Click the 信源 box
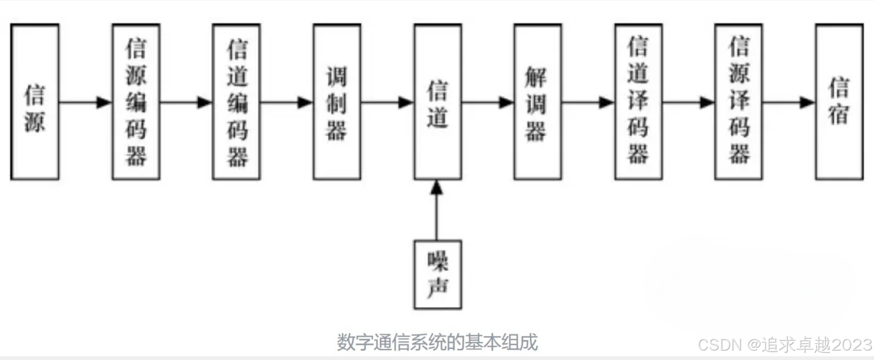point(35,102)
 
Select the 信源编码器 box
point(136,102)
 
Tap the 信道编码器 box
point(236,102)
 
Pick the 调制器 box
point(337,102)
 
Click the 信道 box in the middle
point(437,102)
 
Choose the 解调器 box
point(537,102)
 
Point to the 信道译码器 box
point(638,102)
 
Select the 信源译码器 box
point(738,102)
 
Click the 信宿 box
point(839,102)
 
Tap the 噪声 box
point(437,275)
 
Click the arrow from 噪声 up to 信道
point(437,210)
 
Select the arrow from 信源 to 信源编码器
point(85,102)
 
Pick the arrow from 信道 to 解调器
point(487,102)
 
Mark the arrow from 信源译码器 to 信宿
point(789,102)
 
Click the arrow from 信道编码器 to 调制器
point(287,102)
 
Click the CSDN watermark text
point(784,345)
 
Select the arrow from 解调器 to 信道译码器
point(588,102)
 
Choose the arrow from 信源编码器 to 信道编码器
point(186,102)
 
